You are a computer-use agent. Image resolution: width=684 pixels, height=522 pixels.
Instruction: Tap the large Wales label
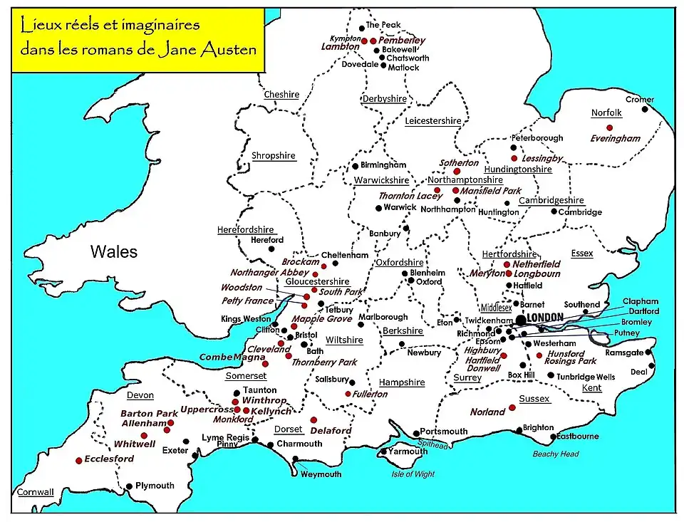tap(113, 251)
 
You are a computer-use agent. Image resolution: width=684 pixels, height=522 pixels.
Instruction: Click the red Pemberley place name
tap(402, 41)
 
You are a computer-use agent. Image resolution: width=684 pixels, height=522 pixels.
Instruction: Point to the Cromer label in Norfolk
tap(639, 100)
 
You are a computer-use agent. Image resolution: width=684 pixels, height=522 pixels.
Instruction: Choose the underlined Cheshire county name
tap(281, 95)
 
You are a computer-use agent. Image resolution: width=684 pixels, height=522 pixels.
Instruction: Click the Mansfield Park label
tap(491, 191)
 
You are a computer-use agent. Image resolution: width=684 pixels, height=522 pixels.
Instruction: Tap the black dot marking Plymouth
tap(129, 486)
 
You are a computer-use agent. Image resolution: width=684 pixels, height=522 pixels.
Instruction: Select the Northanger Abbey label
tap(269, 273)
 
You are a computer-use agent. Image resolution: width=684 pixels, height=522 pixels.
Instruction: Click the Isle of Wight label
tap(413, 474)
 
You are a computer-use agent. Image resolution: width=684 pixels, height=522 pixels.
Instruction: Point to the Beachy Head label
tap(556, 454)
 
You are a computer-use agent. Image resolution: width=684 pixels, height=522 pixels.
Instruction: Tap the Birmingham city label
tap(383, 165)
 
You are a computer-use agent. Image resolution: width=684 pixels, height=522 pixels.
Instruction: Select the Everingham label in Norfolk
tap(615, 139)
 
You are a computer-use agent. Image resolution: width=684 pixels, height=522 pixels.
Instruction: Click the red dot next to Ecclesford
tap(78, 461)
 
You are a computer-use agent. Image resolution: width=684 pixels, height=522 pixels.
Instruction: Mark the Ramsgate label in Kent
tap(625, 353)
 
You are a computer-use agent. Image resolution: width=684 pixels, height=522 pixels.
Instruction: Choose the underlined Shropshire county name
tap(273, 156)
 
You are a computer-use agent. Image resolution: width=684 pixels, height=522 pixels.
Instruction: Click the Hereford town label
tap(267, 240)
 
